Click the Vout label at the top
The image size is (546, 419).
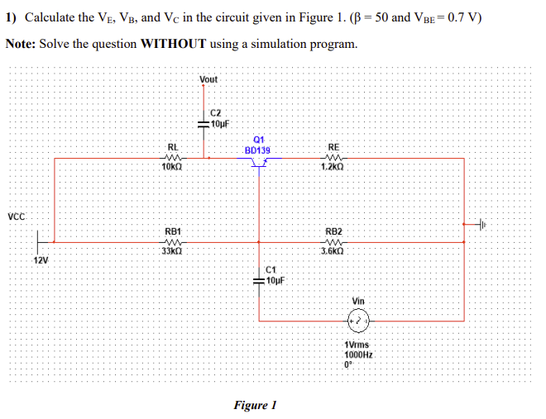tap(208, 79)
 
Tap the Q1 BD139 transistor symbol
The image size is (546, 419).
tap(259, 163)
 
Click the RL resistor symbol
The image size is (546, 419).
tap(173, 159)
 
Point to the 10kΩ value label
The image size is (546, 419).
tap(173, 169)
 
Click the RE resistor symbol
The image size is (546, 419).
tap(334, 159)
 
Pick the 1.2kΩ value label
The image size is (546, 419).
tap(334, 169)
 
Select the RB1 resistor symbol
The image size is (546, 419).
tap(173, 242)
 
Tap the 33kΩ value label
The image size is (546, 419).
tap(173, 252)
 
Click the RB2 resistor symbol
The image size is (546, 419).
tap(333, 242)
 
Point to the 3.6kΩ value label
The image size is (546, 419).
tap(333, 252)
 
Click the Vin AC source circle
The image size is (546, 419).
tap(358, 318)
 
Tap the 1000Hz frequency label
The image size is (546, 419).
tap(358, 353)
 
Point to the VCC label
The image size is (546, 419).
tap(17, 217)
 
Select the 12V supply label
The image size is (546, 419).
tap(41, 260)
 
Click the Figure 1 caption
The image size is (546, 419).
tap(255, 405)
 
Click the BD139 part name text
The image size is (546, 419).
tap(258, 150)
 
